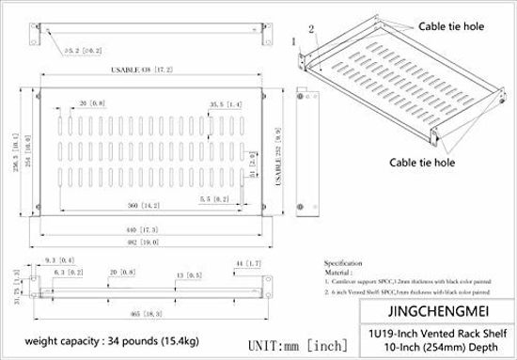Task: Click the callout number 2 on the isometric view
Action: (309, 29)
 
